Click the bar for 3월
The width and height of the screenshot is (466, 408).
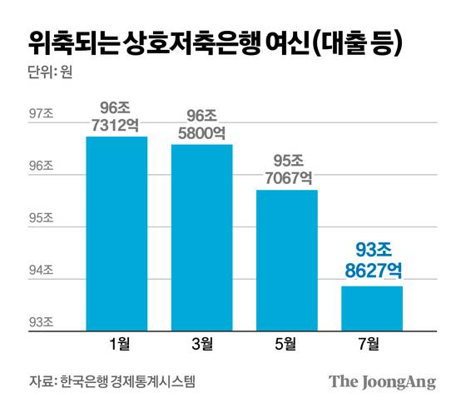202,238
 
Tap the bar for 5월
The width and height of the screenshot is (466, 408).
287,261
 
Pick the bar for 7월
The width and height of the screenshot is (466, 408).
372,309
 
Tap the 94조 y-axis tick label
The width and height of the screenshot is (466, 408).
41,271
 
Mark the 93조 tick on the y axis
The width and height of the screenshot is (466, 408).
41,322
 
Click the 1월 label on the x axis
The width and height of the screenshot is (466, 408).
116,341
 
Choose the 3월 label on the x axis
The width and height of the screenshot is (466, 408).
202,341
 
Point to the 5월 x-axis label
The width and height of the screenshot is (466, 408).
287,341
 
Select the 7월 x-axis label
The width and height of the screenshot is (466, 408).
372,341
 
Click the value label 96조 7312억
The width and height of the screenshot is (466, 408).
116,116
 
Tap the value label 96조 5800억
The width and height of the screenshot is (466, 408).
202,122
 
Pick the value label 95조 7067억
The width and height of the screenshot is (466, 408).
287,169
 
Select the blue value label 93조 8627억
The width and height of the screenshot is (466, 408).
372,259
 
